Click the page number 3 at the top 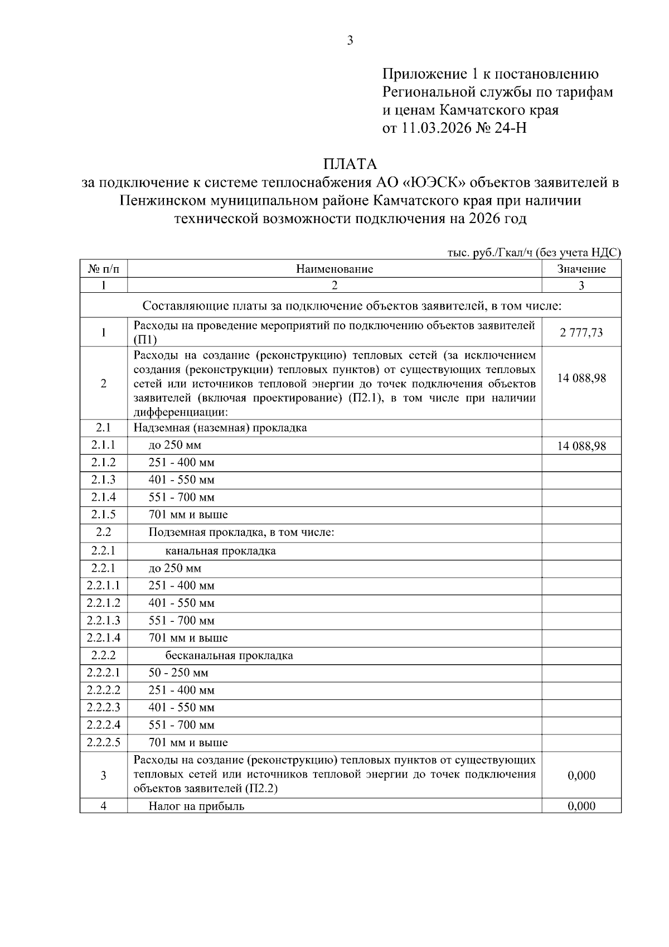pos(350,40)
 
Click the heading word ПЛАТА pos(350,164)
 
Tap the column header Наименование pos(334,269)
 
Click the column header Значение pos(581,269)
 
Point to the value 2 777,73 pos(581,333)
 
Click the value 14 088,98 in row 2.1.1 pos(581,446)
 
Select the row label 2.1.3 pos(104,480)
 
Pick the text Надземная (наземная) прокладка pos(220,428)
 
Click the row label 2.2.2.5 pos(104,742)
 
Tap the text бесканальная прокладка pos(229,655)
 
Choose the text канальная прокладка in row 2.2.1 pos(220,551)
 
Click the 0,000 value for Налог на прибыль pos(581,805)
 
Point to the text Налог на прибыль pos(196,806)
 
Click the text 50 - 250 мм pos(178,673)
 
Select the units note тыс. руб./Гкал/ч pos(489,253)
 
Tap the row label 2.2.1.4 pos(104,637)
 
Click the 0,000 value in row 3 pos(581,775)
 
